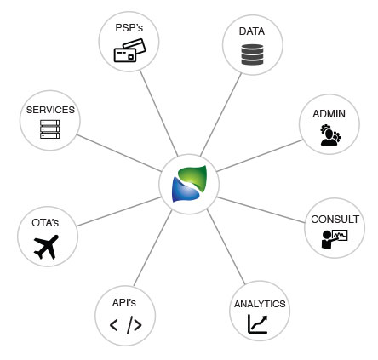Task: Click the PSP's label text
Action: [x=129, y=28]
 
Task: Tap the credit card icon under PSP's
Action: [x=129, y=52]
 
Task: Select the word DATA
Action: [x=252, y=31]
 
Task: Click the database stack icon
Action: [x=252, y=54]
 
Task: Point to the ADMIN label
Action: [x=329, y=114]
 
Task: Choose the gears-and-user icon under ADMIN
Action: [x=329, y=134]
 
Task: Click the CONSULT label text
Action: [x=335, y=219]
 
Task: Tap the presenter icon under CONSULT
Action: [x=335, y=239]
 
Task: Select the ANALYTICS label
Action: [x=260, y=304]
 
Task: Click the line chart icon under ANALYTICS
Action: [x=257, y=324]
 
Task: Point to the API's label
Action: [x=124, y=302]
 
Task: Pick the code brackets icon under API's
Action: [x=125, y=324]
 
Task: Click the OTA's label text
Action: [x=45, y=222]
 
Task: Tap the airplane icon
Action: [x=45, y=246]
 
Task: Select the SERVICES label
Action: [x=50, y=110]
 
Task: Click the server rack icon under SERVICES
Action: [x=50, y=130]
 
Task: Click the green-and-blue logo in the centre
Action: [x=189, y=184]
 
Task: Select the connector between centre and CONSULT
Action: [x=260, y=208]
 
